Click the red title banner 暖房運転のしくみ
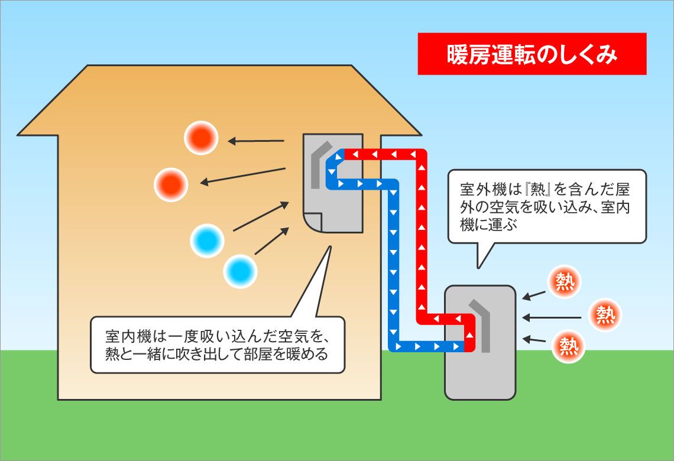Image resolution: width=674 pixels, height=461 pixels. coord(532,54)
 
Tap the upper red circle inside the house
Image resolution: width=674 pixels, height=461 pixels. coord(201,138)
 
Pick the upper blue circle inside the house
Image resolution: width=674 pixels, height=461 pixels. coord(207,241)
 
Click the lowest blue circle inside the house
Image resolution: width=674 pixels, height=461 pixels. coord(241,271)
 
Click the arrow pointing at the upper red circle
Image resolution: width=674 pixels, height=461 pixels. coord(256,141)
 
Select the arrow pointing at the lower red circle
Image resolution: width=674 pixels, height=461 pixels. coord(243,176)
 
